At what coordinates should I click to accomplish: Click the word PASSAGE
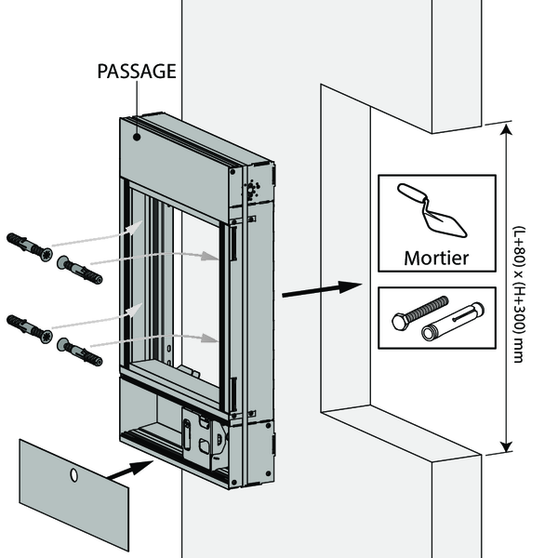[x=137, y=71]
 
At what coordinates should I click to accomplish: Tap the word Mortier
[x=435, y=258]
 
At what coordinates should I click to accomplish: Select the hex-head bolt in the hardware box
[x=420, y=312]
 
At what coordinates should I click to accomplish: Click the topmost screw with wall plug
[x=29, y=248]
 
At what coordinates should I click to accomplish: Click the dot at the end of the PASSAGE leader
[x=137, y=136]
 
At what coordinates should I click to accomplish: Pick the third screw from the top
[x=29, y=327]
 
